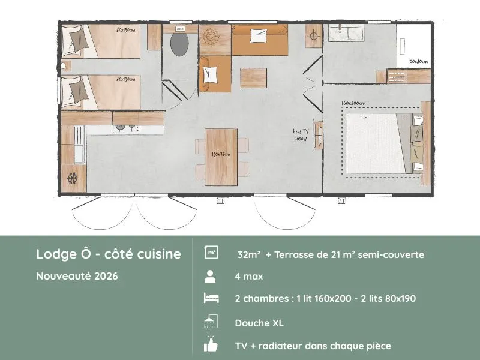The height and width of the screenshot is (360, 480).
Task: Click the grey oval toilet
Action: pyautogui.click(x=179, y=44)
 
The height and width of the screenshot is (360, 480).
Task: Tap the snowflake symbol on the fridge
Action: pyautogui.click(x=72, y=178)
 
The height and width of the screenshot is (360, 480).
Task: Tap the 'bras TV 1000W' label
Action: pyautogui.click(x=301, y=135)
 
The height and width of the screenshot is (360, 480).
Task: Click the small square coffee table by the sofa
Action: pyautogui.click(x=253, y=77)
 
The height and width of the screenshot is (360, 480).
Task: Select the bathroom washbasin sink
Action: pyautogui.click(x=344, y=33)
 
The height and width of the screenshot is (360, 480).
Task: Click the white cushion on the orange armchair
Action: pyautogui.click(x=210, y=74)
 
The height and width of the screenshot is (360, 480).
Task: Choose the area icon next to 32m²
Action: pyautogui.click(x=211, y=253)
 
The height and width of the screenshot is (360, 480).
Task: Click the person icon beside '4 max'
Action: pyautogui.click(x=211, y=277)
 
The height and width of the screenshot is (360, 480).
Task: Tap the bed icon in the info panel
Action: pyautogui.click(x=211, y=299)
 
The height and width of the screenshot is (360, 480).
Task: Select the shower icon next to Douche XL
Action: pyautogui.click(x=211, y=322)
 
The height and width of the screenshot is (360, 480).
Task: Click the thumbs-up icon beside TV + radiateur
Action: pyautogui.click(x=211, y=345)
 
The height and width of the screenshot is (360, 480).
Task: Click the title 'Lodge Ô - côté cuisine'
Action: pyautogui.click(x=108, y=254)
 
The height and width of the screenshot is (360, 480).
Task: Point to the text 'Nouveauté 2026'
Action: pyautogui.click(x=77, y=277)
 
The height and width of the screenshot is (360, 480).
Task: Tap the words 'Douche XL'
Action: pyautogui.click(x=259, y=323)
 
